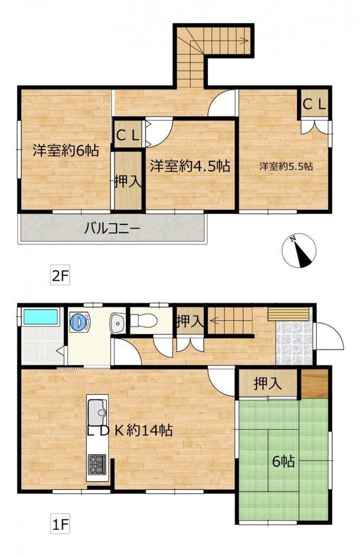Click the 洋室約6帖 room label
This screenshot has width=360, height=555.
click(x=66, y=151)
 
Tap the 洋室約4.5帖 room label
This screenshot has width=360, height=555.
click(x=190, y=166)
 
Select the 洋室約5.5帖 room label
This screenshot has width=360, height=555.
click(x=286, y=166)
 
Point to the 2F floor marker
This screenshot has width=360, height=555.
click(x=60, y=276)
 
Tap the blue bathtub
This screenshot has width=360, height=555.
click(x=40, y=317)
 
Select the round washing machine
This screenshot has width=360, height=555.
click(x=78, y=322)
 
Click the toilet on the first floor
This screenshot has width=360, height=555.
click(x=143, y=321)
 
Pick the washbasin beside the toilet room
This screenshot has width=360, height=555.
click(x=118, y=323)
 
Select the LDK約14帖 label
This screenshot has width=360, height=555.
click(x=130, y=430)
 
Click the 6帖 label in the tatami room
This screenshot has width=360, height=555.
click(x=283, y=461)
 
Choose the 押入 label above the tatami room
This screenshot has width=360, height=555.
click(x=268, y=383)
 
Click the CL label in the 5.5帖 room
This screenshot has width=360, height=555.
click(x=313, y=105)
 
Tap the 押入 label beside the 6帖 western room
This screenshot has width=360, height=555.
click(x=128, y=181)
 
